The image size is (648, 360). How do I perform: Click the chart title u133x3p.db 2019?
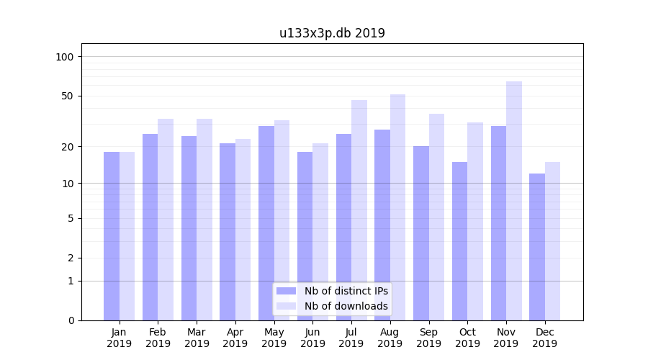[x=332, y=33]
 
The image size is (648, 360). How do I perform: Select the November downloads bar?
[x=514, y=201]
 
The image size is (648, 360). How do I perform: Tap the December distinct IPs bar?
[x=537, y=247]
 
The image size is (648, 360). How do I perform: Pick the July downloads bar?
[x=359, y=210]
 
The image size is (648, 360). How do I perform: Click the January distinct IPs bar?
[x=112, y=236]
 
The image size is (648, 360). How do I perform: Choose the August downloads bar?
[x=398, y=207]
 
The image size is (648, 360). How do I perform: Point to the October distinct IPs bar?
[x=459, y=241]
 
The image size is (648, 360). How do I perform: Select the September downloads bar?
[x=436, y=217]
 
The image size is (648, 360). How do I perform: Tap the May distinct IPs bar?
[x=266, y=223]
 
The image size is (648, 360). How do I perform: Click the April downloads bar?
[x=243, y=230]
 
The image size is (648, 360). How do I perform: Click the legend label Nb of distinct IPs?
[x=346, y=291]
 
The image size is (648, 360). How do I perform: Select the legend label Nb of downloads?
[x=346, y=306]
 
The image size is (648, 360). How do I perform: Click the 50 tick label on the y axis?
[x=67, y=96]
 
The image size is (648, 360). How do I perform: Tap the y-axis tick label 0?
[x=71, y=320]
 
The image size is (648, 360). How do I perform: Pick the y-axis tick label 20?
[x=67, y=147]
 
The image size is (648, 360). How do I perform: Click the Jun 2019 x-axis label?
[x=312, y=338]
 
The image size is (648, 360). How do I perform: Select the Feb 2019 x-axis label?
[x=158, y=338]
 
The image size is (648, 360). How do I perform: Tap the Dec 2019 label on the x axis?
[x=544, y=338]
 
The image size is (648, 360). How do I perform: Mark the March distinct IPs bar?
[x=189, y=228]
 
